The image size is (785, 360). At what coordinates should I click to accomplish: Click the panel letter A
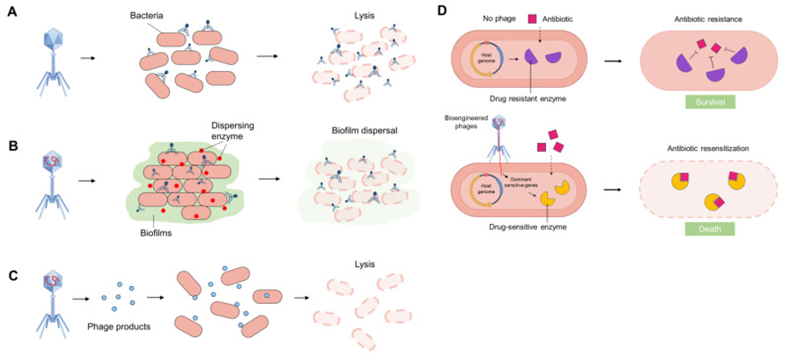[12, 13]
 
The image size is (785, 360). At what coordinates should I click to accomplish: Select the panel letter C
[12, 274]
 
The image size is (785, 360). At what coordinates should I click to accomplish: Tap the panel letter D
[443, 13]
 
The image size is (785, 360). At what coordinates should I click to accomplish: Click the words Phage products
[119, 327]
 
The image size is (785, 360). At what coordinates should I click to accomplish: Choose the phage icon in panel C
[54, 304]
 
